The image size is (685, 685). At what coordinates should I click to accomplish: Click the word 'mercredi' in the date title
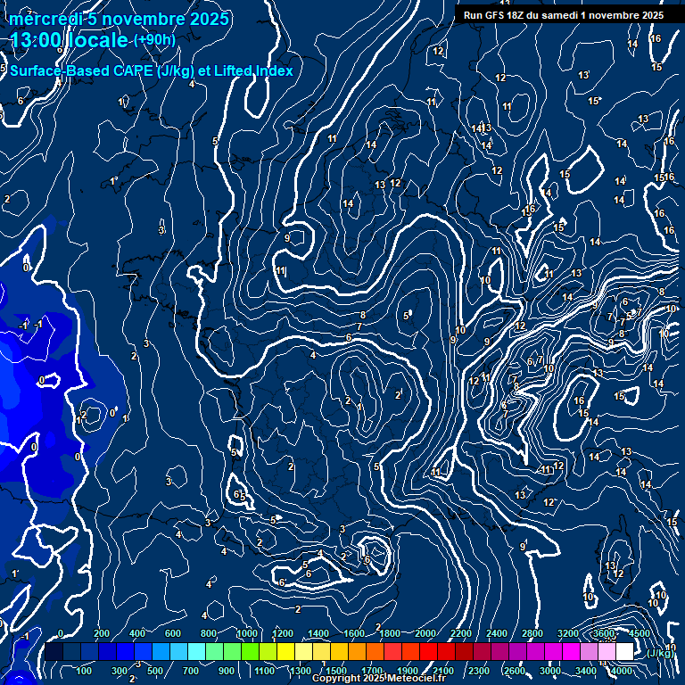(x=44, y=20)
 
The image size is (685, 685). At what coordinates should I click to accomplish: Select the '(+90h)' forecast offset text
(x=153, y=40)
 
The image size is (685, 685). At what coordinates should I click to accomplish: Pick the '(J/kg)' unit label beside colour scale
(x=660, y=654)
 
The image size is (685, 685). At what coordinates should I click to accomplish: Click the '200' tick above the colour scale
(x=101, y=633)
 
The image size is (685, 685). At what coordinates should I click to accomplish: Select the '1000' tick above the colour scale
(x=246, y=633)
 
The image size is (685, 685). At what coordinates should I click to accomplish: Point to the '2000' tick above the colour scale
(x=425, y=633)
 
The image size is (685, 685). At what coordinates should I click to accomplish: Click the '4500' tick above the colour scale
(x=639, y=633)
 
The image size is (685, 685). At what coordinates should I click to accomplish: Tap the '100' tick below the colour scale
(x=85, y=671)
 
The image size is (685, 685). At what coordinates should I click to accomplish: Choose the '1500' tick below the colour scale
(x=336, y=671)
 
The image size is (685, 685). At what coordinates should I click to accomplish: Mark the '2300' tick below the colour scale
(x=479, y=671)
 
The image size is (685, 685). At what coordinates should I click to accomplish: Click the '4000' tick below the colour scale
(x=622, y=671)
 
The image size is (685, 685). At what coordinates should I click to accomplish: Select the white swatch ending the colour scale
(x=624, y=652)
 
